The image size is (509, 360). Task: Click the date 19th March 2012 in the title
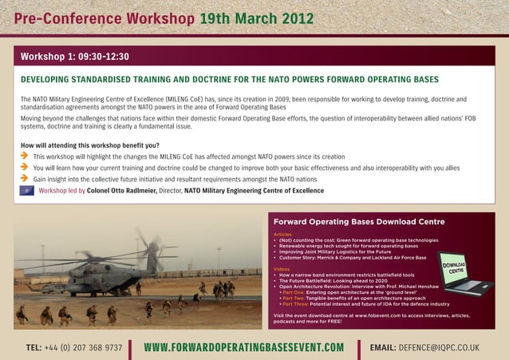(x=256, y=18)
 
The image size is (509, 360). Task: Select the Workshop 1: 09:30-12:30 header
(x=75, y=57)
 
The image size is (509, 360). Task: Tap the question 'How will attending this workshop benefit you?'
(x=89, y=145)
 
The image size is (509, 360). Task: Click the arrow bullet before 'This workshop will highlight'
(x=25, y=157)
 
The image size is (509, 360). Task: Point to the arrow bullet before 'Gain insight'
(x=25, y=180)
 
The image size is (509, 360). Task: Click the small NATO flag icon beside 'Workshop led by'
(x=27, y=192)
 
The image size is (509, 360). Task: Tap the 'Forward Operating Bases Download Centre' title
(x=358, y=221)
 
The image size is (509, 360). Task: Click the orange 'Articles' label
(x=282, y=234)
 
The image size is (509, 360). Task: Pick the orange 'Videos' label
(x=281, y=269)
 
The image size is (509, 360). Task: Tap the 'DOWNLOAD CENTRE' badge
(x=455, y=268)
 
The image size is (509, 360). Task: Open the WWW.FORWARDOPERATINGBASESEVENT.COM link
(x=243, y=348)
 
